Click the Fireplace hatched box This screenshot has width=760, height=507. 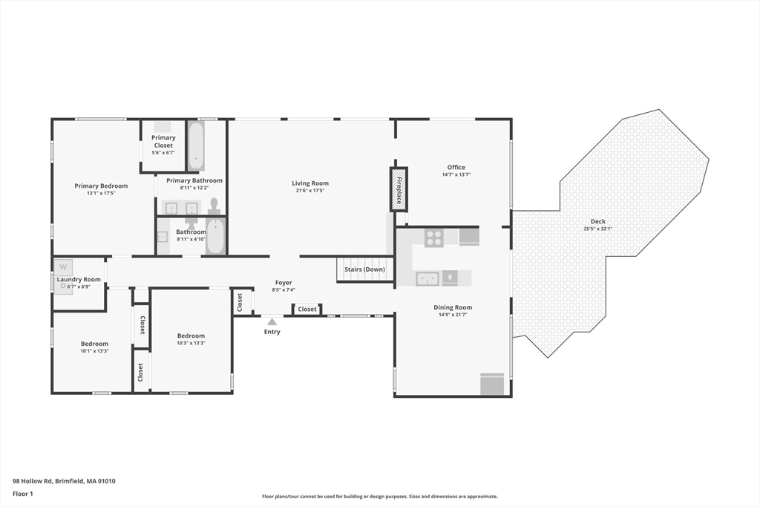coord(399,189)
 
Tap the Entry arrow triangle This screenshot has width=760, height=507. coord(272,321)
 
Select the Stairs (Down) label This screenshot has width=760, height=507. coord(365,269)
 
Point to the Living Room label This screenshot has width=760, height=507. coord(310,183)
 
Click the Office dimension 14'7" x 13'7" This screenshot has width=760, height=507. coord(456,175)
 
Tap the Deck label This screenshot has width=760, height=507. coord(598,221)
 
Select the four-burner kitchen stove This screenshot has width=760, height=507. coord(433,238)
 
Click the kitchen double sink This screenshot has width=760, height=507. coord(427,279)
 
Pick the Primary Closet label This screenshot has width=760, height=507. coord(163,142)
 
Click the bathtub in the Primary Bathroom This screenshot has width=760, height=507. coord(196,145)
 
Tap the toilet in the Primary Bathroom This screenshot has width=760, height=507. coord(214,206)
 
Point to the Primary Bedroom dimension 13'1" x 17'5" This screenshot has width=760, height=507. coord(101,194)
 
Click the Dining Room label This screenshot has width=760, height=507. coord(453,307)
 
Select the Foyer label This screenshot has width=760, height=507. coord(284,283)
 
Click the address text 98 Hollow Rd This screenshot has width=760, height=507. coord(33,481)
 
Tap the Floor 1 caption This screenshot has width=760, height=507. coord(23,494)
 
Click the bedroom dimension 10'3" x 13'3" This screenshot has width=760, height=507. coord(191,343)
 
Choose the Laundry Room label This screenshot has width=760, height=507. coord(79,279)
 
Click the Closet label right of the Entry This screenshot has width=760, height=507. coord(307,310)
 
